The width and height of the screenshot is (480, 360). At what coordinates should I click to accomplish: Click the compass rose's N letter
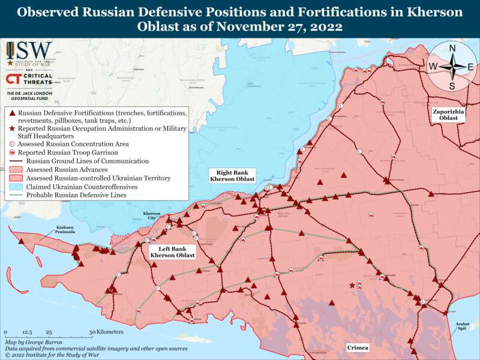[x=452, y=48]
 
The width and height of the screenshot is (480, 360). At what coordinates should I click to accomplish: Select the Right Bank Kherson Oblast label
[x=232, y=176]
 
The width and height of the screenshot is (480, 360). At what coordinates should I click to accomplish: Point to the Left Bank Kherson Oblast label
[x=172, y=252]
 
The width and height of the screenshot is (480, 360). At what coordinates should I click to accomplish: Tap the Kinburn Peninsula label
[x=65, y=229]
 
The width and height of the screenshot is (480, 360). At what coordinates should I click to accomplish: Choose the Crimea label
[x=358, y=348]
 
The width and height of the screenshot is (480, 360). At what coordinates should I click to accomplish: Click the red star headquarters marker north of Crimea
[x=352, y=286]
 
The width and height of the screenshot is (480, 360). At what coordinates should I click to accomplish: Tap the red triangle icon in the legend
[x=12, y=113]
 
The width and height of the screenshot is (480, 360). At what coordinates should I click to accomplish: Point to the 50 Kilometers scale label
[x=106, y=332]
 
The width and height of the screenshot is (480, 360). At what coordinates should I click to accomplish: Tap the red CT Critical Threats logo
[x=15, y=79]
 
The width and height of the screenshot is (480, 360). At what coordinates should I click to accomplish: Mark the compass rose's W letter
[x=433, y=67]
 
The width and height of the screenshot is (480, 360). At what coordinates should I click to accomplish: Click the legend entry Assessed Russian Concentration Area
[x=73, y=144]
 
